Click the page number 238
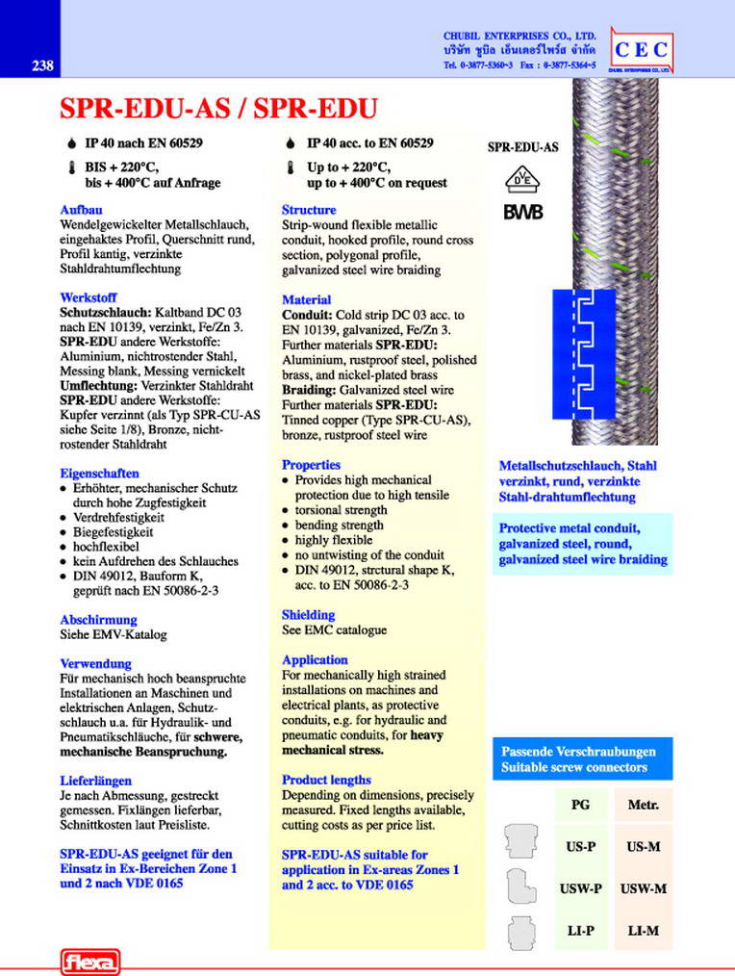[41, 66]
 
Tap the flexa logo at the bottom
[89, 961]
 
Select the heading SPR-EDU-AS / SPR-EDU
[217, 107]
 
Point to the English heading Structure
[309, 210]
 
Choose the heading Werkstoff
[88, 298]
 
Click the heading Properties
[311, 465]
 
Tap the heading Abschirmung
[98, 620]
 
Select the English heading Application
[315, 660]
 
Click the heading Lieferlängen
[95, 781]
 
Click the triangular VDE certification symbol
[520, 179]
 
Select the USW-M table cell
[642, 889]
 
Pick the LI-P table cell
[579, 931]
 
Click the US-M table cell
[642, 847]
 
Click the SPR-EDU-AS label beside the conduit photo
[522, 148]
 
